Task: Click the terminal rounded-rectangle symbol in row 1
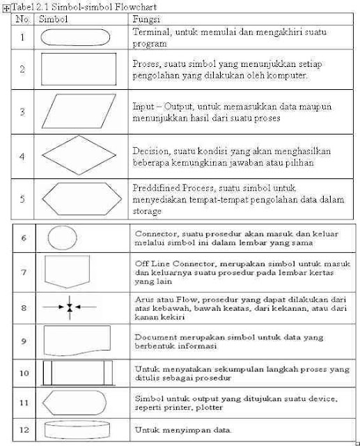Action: point(72,37)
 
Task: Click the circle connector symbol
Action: point(62,237)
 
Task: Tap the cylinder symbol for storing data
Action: point(71,429)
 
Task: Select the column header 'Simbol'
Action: point(54,21)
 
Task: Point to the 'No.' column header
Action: point(23,21)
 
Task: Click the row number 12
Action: point(24,429)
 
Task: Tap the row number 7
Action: point(24,271)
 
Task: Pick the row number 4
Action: point(22,157)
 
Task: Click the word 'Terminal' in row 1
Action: point(151,32)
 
